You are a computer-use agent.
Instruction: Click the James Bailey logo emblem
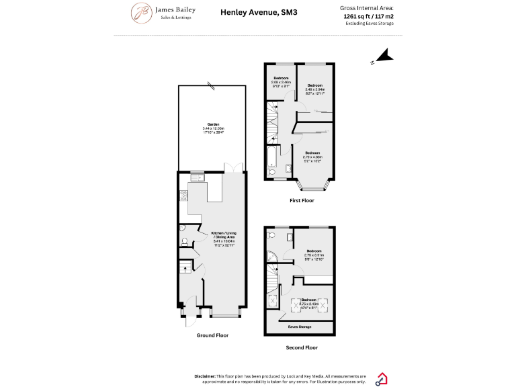click(141, 12)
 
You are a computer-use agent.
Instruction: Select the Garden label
click(213, 126)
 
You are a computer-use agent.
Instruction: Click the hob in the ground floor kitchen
click(182, 196)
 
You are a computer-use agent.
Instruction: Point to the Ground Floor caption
click(212, 335)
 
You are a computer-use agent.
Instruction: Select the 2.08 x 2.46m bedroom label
click(280, 83)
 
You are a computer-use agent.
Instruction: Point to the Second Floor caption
click(302, 347)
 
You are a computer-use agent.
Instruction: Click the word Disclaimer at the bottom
click(205, 376)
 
